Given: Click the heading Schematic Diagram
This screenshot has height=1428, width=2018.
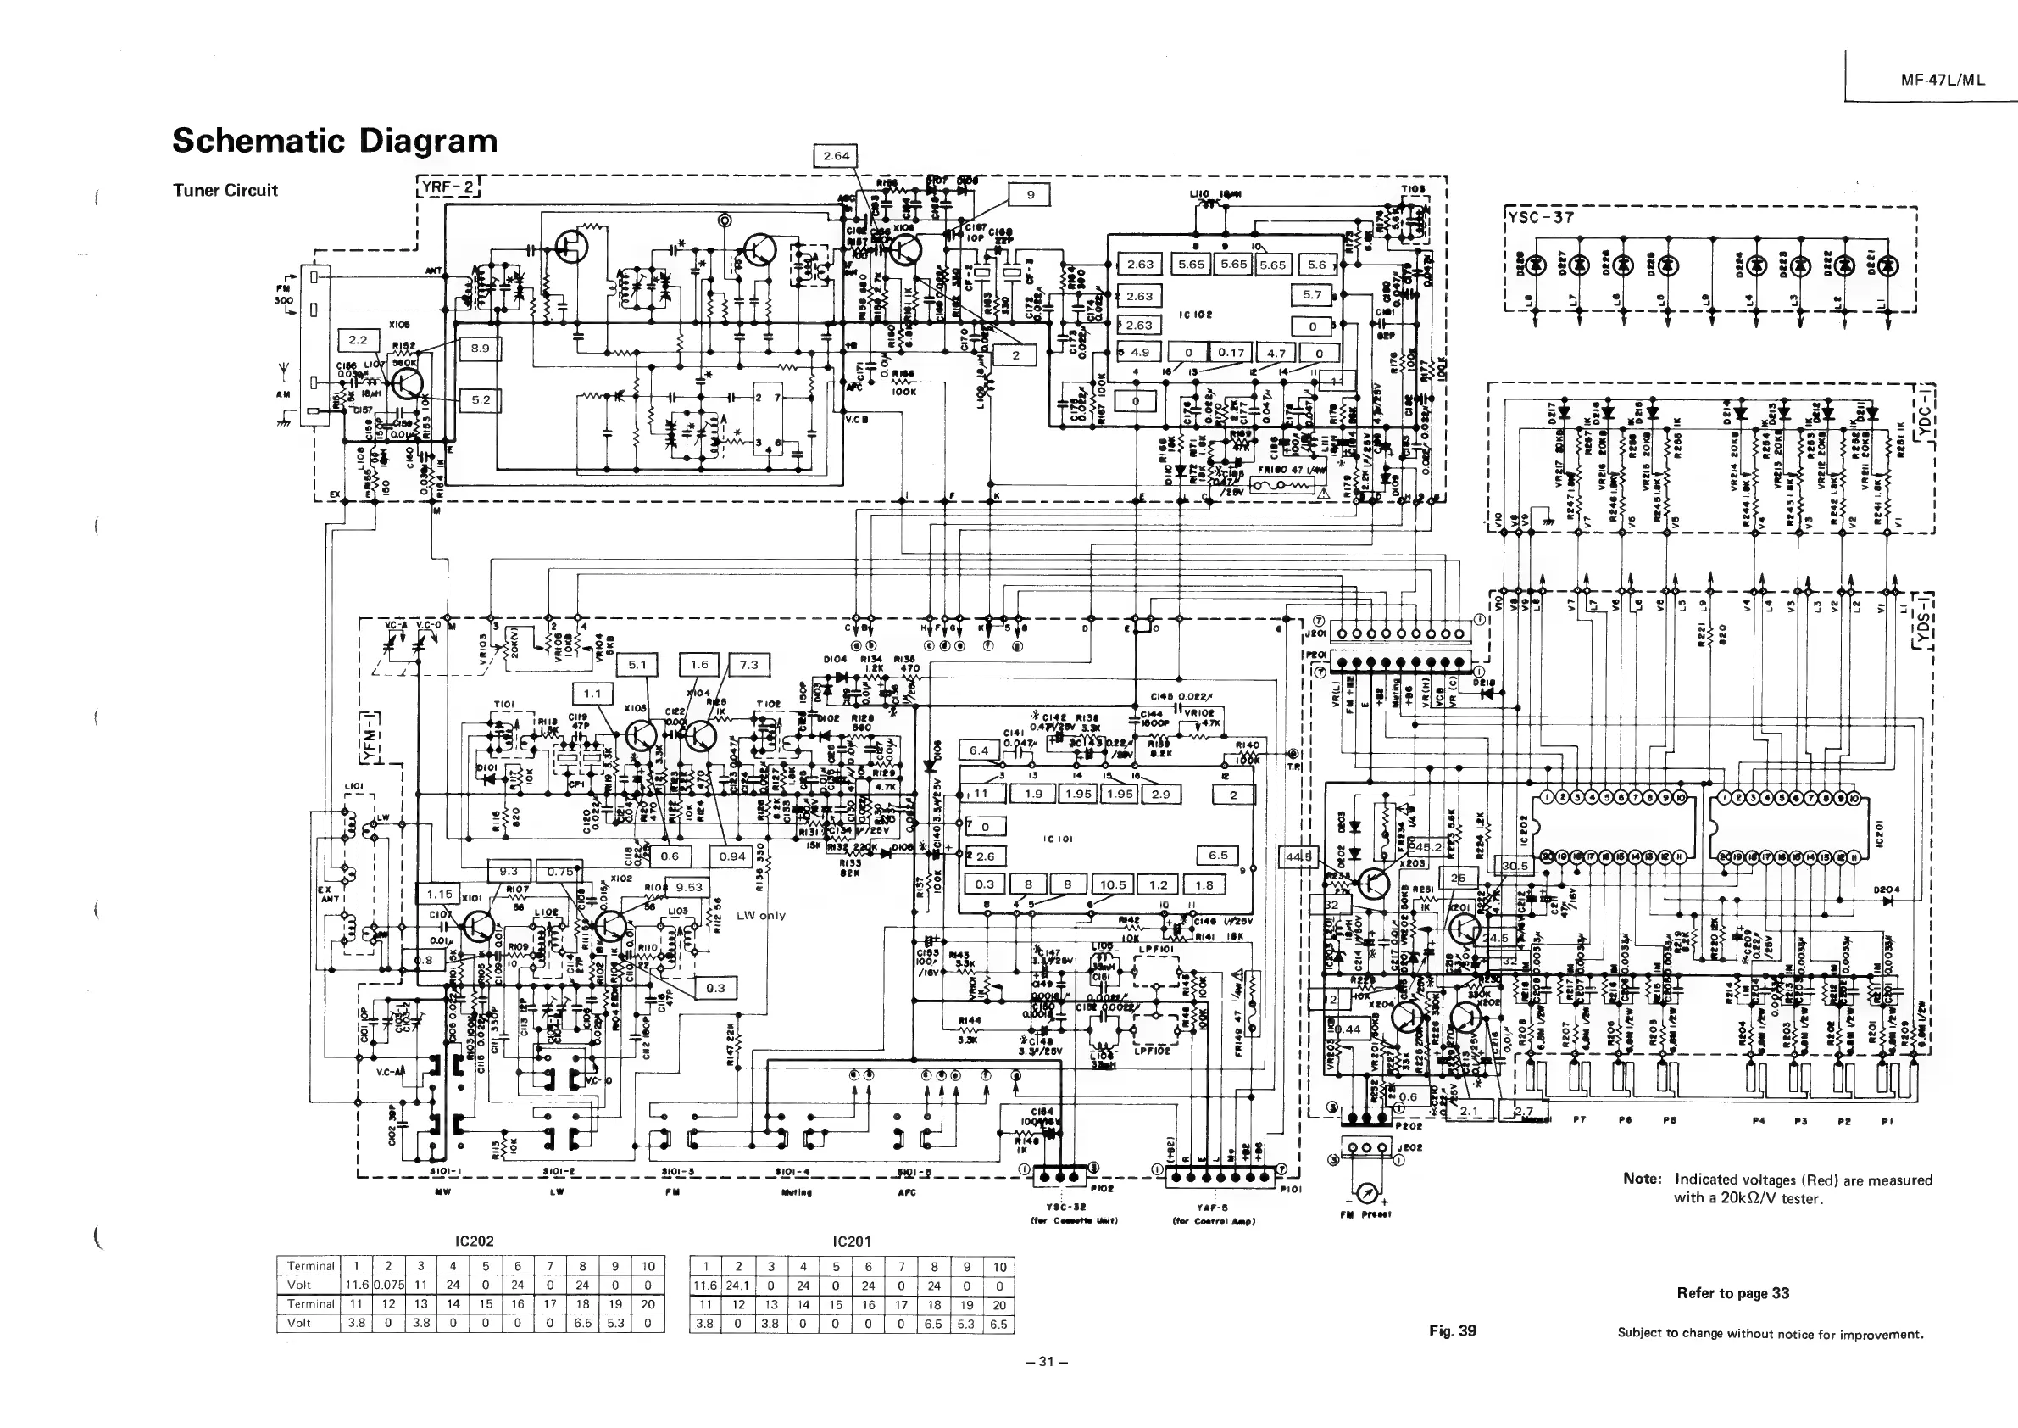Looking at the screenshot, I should click(334, 141).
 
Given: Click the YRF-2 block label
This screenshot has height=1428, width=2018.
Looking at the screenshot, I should click(448, 187).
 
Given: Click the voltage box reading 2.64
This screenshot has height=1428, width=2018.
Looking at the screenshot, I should click(835, 156).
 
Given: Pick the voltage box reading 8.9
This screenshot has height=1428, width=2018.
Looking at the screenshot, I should click(480, 349).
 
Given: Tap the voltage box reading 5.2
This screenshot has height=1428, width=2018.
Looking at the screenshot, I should click(480, 399).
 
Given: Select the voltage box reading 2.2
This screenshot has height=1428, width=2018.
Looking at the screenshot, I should click(358, 339).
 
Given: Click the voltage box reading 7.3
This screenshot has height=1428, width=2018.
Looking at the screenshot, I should click(749, 666).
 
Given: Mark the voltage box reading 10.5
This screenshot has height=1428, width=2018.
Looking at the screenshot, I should click(1112, 884).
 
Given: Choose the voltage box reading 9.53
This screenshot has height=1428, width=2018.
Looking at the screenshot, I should click(689, 887).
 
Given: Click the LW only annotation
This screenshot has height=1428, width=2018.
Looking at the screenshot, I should click(760, 915).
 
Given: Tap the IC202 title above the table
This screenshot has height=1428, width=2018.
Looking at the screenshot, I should click(474, 1241).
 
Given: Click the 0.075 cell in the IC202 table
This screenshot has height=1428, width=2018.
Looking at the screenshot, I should click(388, 1285).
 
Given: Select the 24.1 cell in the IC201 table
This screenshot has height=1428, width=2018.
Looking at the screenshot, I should click(737, 1285).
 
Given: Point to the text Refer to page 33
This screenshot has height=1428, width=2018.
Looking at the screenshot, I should click(1732, 1292).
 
